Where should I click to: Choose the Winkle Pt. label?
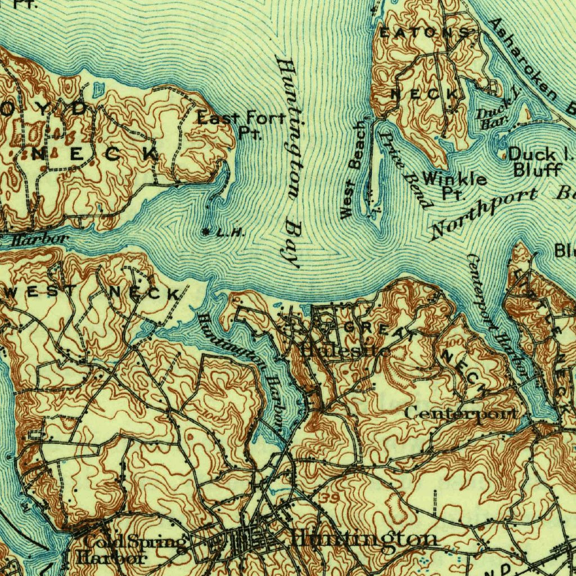tap(454, 186)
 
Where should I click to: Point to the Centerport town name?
tap(460, 413)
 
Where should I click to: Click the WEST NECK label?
tap(93, 292)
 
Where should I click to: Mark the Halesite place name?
tap(336, 351)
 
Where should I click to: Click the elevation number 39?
tap(331, 499)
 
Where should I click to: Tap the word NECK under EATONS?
tap(424, 94)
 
